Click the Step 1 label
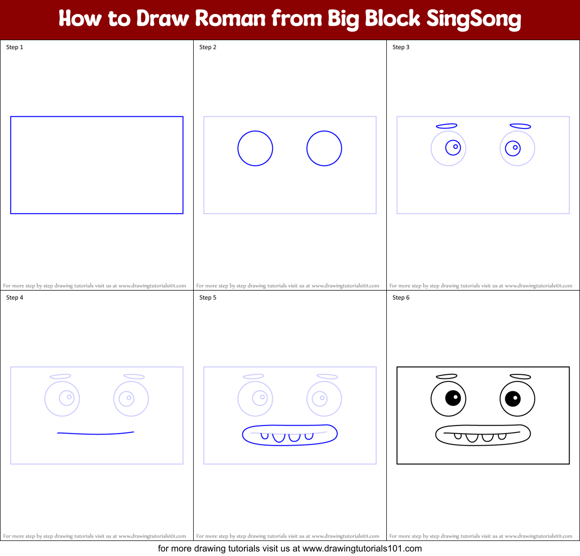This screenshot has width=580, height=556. point(15,47)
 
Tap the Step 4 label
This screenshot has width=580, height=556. point(15,298)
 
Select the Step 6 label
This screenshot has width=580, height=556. point(401,298)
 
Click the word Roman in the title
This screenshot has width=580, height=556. point(230,19)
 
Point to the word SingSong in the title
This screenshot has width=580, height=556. point(474,19)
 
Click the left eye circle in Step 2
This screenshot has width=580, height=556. point(255,149)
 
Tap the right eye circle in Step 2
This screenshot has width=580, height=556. point(324,149)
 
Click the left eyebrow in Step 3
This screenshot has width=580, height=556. point(447,126)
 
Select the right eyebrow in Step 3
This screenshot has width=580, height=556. point(520,126)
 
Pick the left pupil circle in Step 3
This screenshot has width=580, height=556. point(453,148)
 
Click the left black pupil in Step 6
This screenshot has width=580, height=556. point(453,398)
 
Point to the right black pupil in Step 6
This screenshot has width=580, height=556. point(513,399)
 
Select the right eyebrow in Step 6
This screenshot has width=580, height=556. point(520,376)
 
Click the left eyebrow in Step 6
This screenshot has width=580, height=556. point(447,376)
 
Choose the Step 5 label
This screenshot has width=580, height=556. point(208,298)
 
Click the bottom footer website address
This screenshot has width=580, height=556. point(362,548)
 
